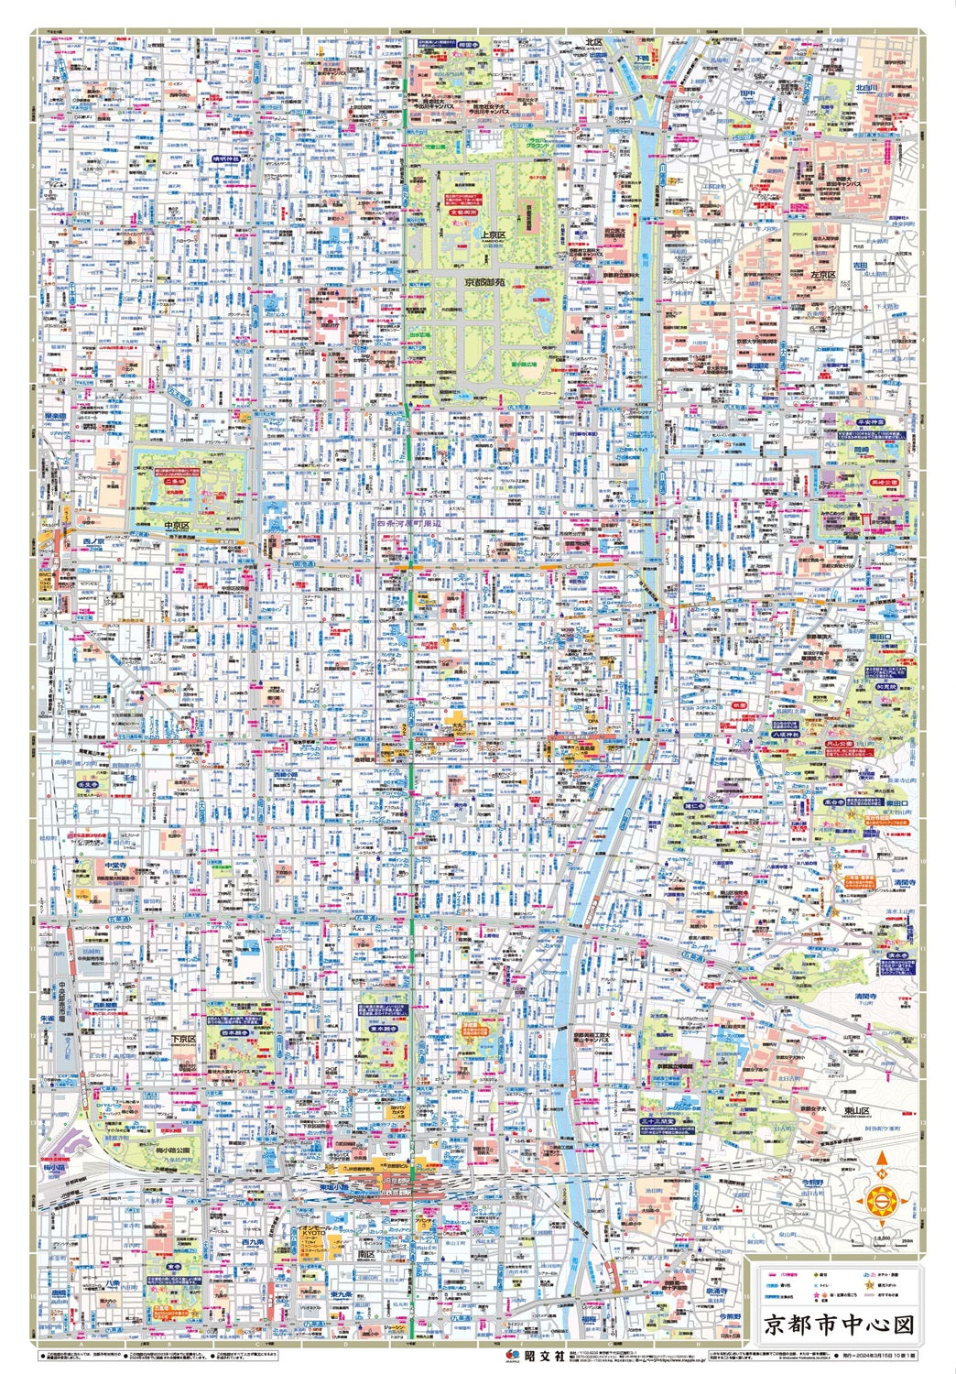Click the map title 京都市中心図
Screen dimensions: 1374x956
click(839, 1325)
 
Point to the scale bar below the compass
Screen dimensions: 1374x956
click(883, 1241)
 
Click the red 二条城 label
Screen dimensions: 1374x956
click(175, 480)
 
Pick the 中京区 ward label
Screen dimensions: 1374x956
click(176, 526)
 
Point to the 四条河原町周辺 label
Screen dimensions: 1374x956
click(410, 522)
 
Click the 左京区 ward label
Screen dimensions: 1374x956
click(825, 275)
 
